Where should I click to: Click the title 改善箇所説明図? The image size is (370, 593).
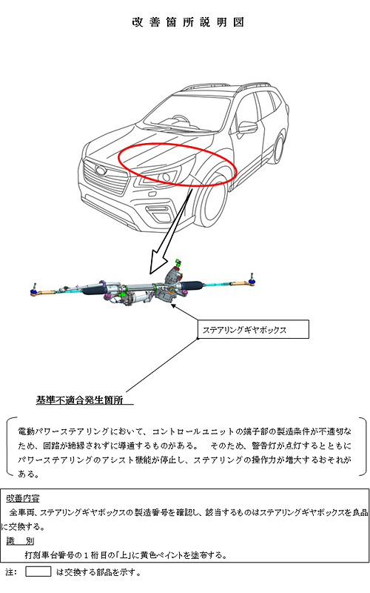(186, 22)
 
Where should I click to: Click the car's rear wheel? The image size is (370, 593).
(280, 148)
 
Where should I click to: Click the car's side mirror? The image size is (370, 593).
(247, 127)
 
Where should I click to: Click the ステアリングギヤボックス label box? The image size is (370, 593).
(251, 328)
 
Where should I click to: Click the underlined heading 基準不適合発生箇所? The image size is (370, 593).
(84, 400)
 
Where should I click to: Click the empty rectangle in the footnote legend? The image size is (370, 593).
(38, 572)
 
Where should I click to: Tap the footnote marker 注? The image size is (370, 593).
(10, 572)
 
